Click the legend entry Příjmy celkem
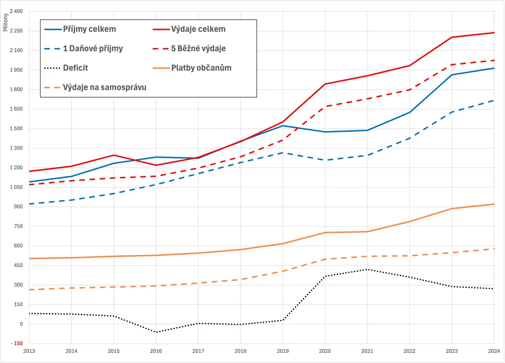point(80,29)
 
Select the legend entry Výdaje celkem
point(189,29)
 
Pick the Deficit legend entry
point(66,68)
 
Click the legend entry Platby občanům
point(192,68)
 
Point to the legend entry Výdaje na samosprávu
point(95,87)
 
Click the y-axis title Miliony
point(5,22)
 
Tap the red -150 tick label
point(17,343)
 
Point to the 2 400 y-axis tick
point(16,11)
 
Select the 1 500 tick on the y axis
point(16,129)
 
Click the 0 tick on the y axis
point(21,324)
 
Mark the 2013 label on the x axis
point(29,351)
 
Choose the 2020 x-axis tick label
point(325,351)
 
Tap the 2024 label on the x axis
point(494,351)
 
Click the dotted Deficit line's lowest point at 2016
point(156,332)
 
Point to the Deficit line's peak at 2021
point(367,270)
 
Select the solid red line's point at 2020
point(325,84)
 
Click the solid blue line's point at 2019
point(283,126)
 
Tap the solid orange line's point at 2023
point(452,209)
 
